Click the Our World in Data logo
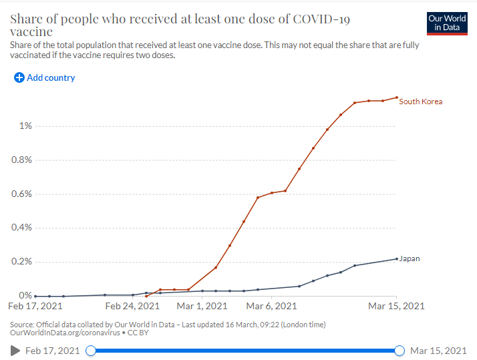coord(448,23)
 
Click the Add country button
coord(45,78)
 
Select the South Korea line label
coord(421,102)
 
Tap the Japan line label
coord(410,258)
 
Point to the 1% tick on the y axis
coord(25,126)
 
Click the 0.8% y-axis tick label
coord(21,160)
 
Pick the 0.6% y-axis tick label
coord(21,194)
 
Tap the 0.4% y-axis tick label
coord(21,228)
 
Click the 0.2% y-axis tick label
coord(21,262)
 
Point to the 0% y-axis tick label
coord(25,296)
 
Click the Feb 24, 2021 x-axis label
coord(132,307)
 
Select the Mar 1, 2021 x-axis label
coord(202,307)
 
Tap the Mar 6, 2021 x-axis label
coord(271,307)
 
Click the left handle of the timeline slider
coord(91,351)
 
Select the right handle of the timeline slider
coord(400,351)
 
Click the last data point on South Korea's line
coord(397,98)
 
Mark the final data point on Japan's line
coord(397,259)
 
